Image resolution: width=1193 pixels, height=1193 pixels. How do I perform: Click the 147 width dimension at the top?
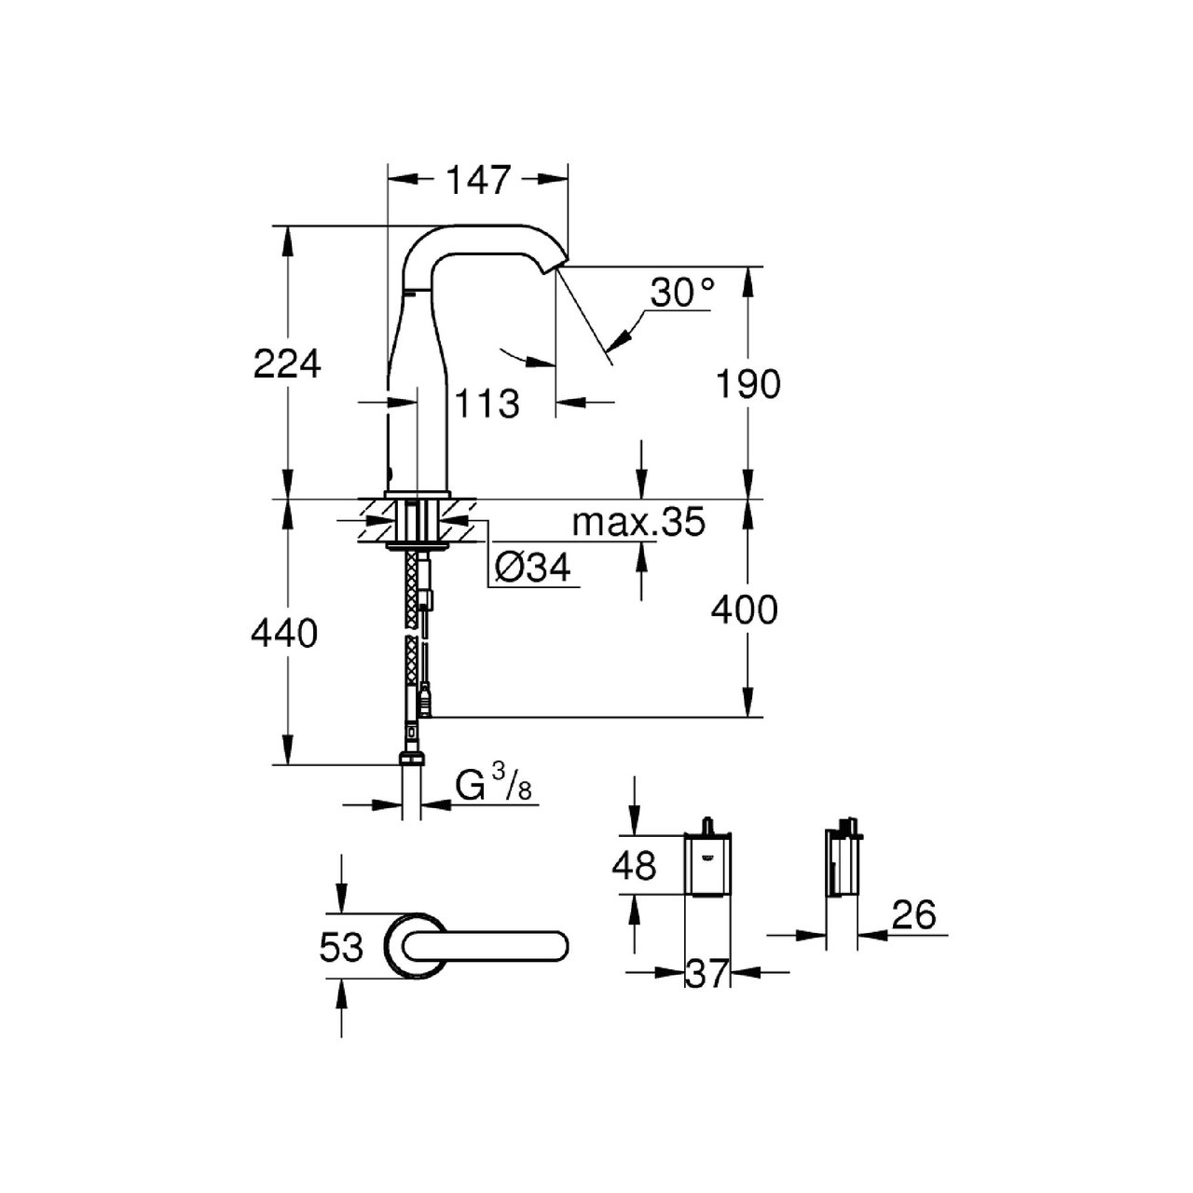pyautogui.click(x=477, y=180)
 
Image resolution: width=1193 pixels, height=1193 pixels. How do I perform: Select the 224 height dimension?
pyautogui.click(x=287, y=363)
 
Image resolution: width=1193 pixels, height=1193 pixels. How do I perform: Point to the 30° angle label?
pyautogui.click(x=682, y=293)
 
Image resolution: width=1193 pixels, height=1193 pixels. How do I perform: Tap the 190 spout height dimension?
pyautogui.click(x=747, y=384)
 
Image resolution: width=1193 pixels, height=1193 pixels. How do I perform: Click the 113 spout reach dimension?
pyautogui.click(x=487, y=405)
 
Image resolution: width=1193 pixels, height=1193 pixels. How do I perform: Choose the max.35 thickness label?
pyautogui.click(x=638, y=523)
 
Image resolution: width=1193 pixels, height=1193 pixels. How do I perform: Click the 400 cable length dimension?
pyautogui.click(x=744, y=610)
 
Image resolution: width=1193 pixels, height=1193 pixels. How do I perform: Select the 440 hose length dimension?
pyautogui.click(x=284, y=634)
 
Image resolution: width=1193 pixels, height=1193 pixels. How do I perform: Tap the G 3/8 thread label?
pyautogui.click(x=493, y=786)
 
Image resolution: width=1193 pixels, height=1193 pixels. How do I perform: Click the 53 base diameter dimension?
pyautogui.click(x=341, y=947)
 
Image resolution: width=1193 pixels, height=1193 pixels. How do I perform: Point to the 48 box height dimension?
pyautogui.click(x=634, y=865)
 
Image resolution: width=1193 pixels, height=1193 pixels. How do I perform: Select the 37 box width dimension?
pyautogui.click(x=707, y=975)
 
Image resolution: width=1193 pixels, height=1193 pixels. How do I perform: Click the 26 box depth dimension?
pyautogui.click(x=913, y=913)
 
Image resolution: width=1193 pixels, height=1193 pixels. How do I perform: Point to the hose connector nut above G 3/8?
pyautogui.click(x=412, y=758)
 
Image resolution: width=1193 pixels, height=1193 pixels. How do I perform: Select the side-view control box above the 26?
pyautogui.click(x=842, y=858)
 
